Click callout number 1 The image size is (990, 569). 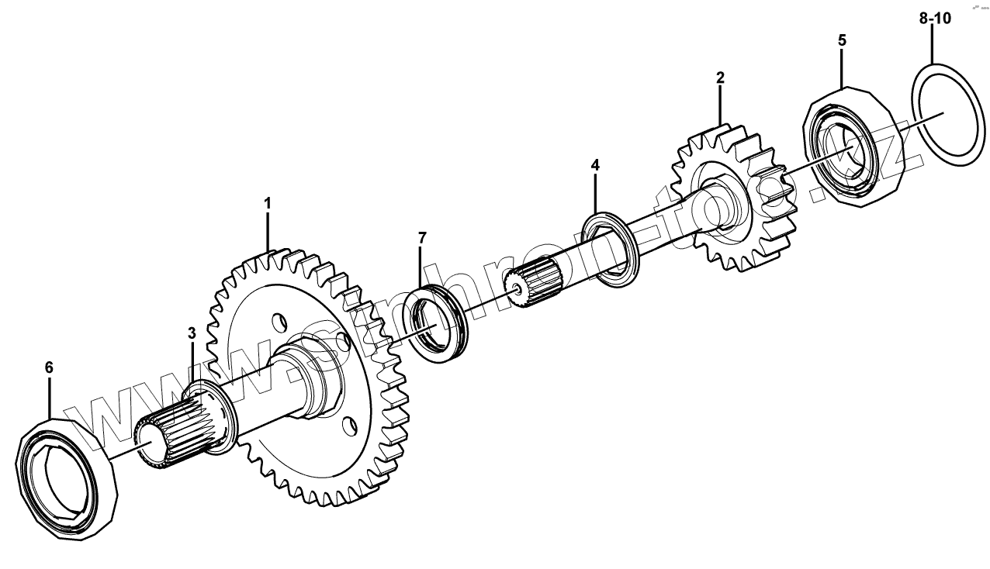point(268,204)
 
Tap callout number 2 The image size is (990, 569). point(720,78)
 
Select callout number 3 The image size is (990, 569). point(192,333)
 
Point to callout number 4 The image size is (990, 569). point(595,165)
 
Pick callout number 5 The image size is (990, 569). point(842,40)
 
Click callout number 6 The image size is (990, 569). point(49,368)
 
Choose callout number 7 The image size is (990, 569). point(422,238)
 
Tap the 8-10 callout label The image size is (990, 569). point(935,19)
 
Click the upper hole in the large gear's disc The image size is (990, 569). point(276,320)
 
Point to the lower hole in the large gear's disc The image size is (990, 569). point(348,424)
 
